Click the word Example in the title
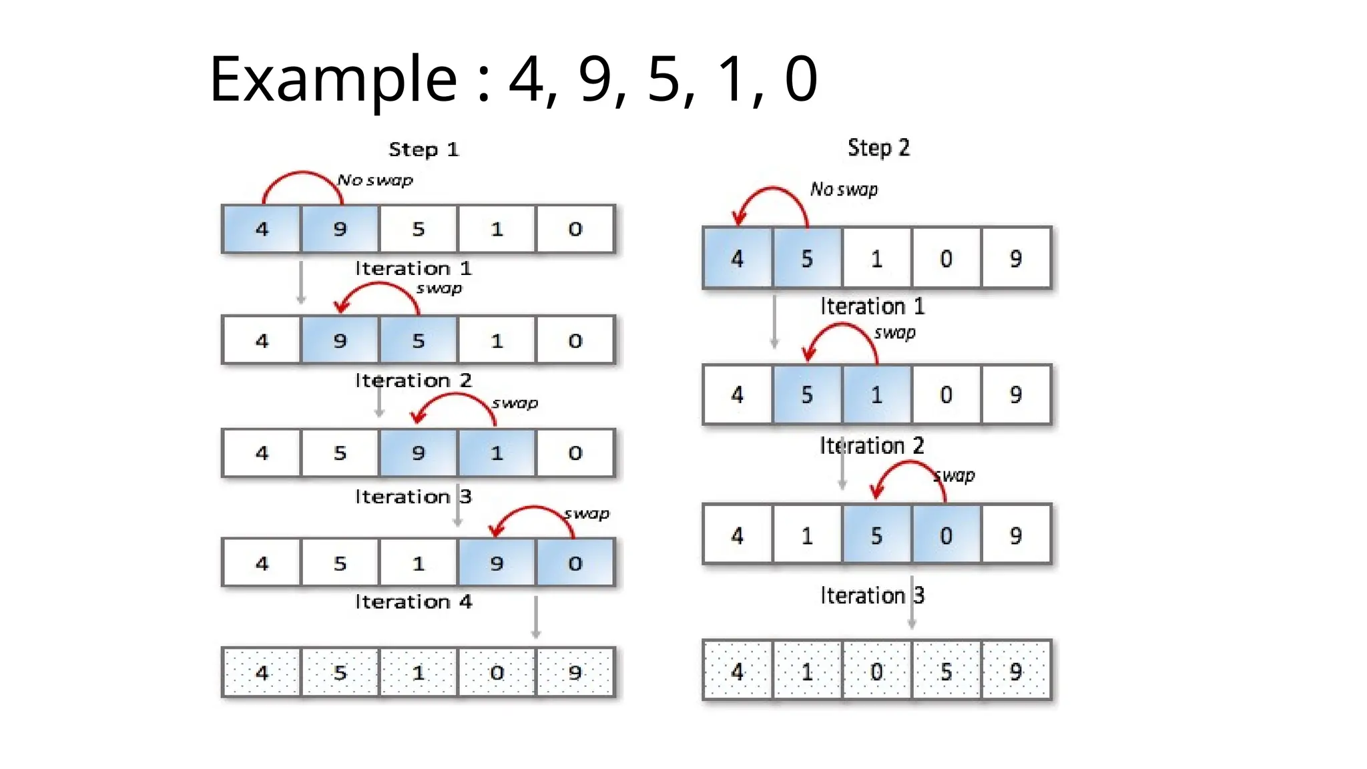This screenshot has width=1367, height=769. click(x=332, y=80)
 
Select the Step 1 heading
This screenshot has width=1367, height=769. click(x=423, y=150)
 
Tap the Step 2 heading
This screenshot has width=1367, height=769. click(x=878, y=148)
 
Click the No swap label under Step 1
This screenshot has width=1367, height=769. click(x=374, y=180)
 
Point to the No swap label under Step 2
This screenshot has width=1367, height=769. click(x=844, y=190)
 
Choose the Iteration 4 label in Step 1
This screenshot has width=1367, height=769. click(x=413, y=602)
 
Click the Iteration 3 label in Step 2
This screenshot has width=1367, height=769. click(x=872, y=595)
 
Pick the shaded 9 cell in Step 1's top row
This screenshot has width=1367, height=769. click(x=340, y=229)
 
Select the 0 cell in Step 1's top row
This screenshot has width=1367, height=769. click(x=575, y=229)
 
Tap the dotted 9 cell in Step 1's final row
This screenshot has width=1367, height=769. click(x=575, y=672)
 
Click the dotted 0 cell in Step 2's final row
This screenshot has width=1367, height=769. click(x=876, y=671)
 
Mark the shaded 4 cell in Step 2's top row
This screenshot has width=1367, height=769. click(x=737, y=258)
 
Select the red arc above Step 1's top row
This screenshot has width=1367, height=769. click(x=302, y=175)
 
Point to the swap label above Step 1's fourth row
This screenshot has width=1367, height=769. click(x=587, y=514)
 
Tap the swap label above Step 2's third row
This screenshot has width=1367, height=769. click(x=955, y=475)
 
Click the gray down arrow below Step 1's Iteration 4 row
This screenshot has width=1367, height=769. click(x=535, y=617)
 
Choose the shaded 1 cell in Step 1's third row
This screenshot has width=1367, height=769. click(x=496, y=453)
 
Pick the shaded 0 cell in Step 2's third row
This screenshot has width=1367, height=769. click(x=946, y=535)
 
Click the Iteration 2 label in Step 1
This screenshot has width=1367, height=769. click(x=413, y=380)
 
